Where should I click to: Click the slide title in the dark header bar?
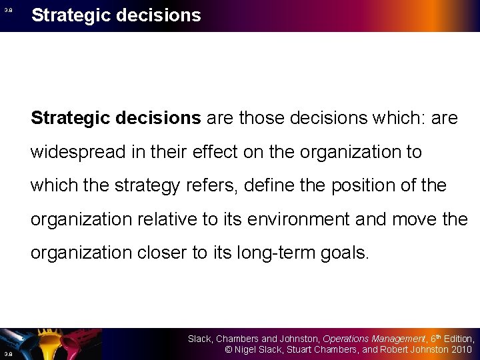116,15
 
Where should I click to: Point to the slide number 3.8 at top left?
9,10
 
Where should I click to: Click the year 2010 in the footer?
461,349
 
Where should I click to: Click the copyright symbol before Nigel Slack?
228,349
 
